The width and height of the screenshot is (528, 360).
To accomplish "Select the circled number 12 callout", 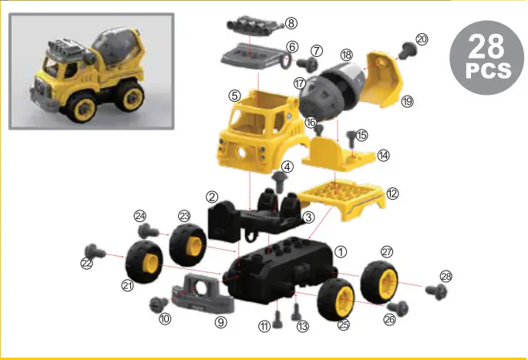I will pyautogui.click(x=392, y=194).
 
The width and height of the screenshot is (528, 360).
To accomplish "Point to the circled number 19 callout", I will pyautogui.click(x=408, y=100).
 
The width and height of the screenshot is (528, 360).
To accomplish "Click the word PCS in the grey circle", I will pyautogui.click(x=487, y=71).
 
